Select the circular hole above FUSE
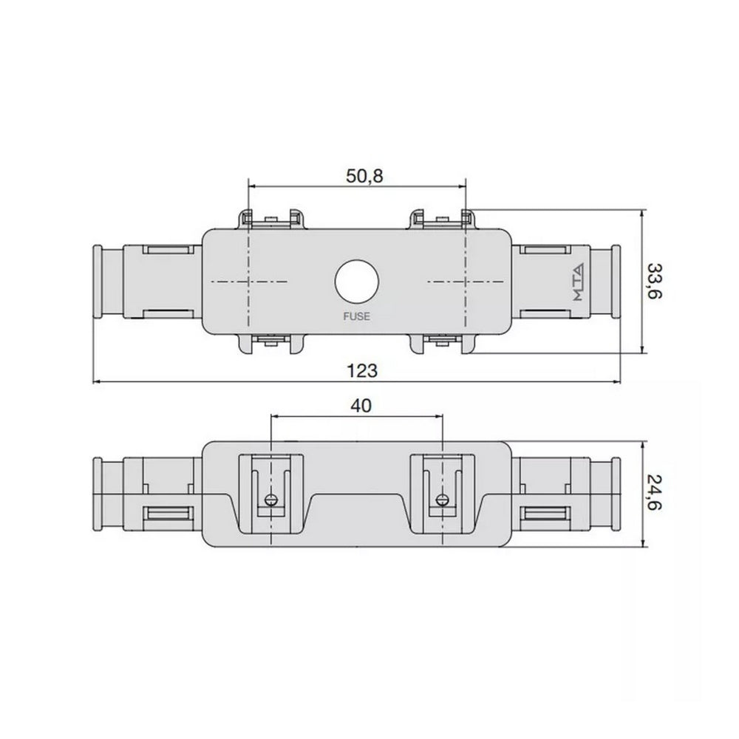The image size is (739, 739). click(356, 282)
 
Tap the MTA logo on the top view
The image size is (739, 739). click(577, 282)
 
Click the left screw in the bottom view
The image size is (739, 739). click(270, 499)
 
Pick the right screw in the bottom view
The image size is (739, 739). click(442, 499)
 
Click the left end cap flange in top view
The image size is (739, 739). click(96, 282)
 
